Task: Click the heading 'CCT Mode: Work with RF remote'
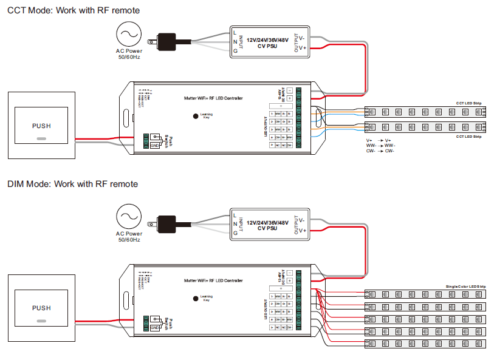click(x=73, y=10)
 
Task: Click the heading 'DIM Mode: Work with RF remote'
click(x=72, y=184)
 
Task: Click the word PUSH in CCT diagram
click(x=41, y=126)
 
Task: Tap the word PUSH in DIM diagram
click(x=41, y=308)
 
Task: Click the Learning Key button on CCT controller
click(x=196, y=115)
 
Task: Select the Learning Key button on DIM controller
click(x=196, y=297)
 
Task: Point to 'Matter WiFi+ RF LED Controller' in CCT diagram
click(x=213, y=98)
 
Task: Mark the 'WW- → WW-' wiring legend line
click(x=380, y=146)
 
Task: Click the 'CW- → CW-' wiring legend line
click(x=380, y=151)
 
